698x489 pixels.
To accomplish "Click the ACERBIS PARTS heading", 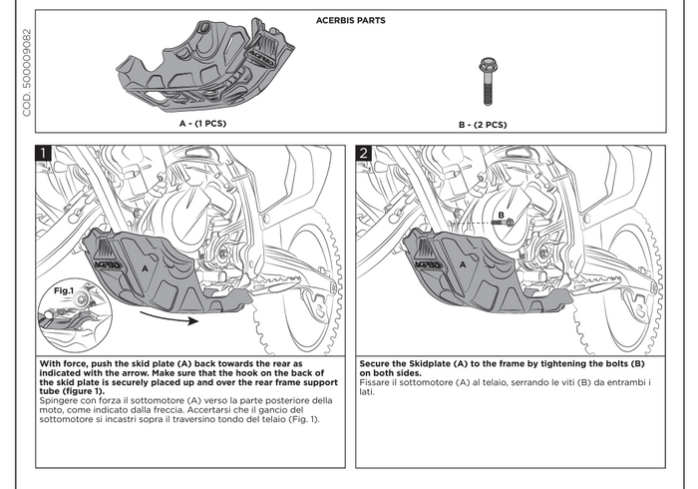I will click(x=350, y=20).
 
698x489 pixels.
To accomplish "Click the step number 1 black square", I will click(x=45, y=154).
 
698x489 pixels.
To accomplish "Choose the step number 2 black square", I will click(x=364, y=154).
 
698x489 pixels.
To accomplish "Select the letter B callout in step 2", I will click(x=499, y=216).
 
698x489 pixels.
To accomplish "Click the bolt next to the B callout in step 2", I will click(x=510, y=222).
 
